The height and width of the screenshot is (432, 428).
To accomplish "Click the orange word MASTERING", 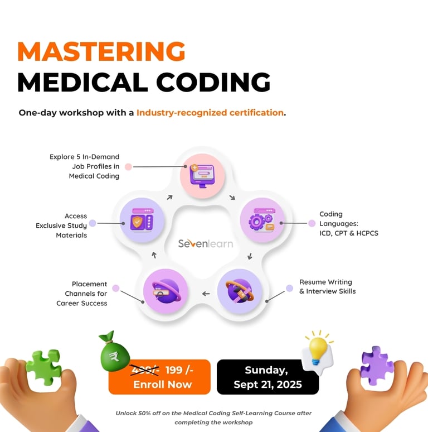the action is [101, 52].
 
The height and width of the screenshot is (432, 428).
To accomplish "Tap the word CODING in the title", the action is [213, 82].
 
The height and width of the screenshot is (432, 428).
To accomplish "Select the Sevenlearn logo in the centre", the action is [206, 243].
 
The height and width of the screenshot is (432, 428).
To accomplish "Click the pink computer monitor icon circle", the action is [202, 174].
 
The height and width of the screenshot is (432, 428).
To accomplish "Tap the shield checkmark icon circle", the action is [142, 219].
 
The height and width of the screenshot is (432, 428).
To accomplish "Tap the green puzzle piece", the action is [44, 368].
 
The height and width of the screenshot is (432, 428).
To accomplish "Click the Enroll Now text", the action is [162, 385].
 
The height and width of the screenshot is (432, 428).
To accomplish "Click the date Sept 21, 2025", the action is [267, 385].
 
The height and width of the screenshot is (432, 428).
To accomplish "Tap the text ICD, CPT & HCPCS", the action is [349, 233].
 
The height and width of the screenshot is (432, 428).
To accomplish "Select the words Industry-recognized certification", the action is [210, 113].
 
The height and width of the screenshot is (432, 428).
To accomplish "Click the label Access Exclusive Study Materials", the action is [61, 225].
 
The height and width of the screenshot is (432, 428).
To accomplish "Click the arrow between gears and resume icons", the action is [250, 256].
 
